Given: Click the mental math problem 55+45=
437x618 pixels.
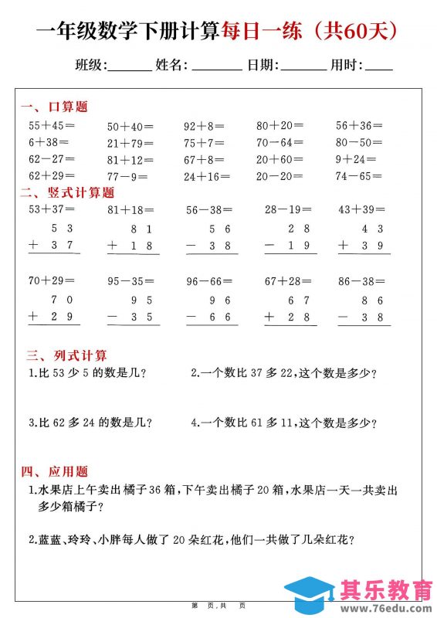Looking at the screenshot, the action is point(51,125).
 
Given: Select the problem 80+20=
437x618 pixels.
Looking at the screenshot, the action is point(279,125).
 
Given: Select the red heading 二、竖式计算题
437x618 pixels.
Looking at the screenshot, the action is point(67,193).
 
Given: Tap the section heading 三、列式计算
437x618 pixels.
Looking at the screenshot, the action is point(66,355).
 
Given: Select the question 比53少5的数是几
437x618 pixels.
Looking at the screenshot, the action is point(87,374).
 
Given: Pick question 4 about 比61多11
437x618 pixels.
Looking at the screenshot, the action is point(283,423).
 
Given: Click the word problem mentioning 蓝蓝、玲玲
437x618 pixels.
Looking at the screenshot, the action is point(196,540).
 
